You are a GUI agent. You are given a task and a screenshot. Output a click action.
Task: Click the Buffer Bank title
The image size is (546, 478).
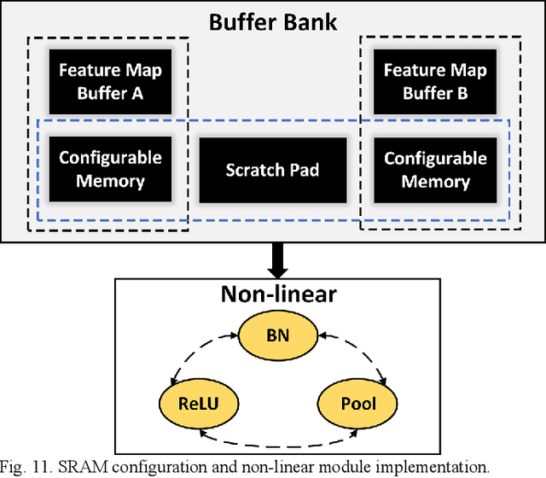click(x=273, y=20)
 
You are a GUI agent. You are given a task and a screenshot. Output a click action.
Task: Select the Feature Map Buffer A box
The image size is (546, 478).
click(x=110, y=81)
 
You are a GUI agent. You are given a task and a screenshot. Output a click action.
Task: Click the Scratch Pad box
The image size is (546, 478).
click(x=272, y=170)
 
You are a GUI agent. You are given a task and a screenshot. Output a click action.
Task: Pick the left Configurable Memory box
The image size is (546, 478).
click(x=110, y=170)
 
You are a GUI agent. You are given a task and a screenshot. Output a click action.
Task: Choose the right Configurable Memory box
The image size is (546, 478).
click(x=436, y=170)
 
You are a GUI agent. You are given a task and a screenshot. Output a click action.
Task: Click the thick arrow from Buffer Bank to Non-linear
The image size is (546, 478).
click(x=273, y=258)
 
